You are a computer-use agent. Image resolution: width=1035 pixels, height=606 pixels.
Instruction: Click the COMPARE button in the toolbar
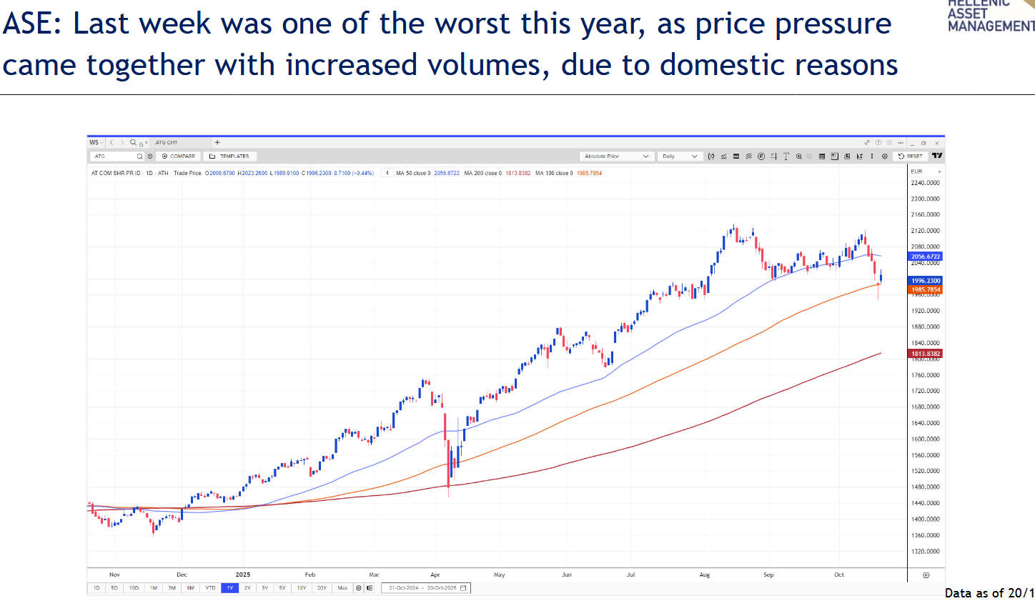[x=179, y=156]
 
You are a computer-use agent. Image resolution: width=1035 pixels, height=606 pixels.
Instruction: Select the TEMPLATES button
[x=230, y=156]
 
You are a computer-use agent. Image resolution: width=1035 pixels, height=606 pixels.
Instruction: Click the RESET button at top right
[x=911, y=156]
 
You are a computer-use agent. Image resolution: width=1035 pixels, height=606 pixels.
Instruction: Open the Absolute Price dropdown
[x=616, y=156]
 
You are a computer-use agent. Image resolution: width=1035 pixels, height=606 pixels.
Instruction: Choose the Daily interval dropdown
[x=680, y=156]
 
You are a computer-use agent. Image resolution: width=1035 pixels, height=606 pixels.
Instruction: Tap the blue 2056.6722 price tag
[x=926, y=257]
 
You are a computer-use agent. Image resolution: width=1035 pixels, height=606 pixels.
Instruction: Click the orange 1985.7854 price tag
[x=926, y=290]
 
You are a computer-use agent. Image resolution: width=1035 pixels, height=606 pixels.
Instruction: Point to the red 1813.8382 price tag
[x=926, y=354]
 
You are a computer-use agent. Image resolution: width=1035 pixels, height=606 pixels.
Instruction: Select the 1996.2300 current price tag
[x=926, y=281]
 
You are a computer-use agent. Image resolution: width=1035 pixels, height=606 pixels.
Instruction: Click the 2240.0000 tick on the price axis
[x=925, y=183]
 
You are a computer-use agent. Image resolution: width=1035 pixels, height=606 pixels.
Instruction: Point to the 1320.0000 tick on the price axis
[x=925, y=552]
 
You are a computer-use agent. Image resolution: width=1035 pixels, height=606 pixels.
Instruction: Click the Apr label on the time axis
[x=435, y=575]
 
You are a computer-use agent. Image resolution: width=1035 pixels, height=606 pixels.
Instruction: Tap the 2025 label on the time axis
[x=243, y=575]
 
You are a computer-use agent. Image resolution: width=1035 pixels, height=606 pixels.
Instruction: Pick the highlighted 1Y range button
[x=229, y=588]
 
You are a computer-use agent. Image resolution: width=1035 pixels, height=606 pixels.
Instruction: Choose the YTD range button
[x=210, y=588]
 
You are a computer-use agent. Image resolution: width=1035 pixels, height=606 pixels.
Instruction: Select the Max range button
[x=342, y=588]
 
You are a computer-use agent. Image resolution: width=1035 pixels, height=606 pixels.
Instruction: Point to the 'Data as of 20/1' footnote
[x=989, y=593]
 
